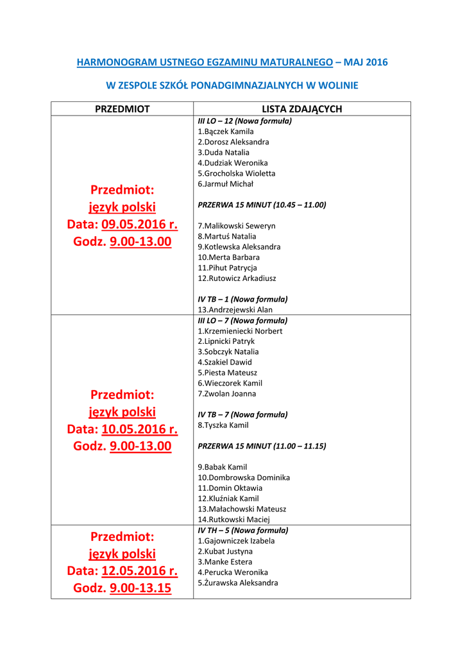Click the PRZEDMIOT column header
(122, 109)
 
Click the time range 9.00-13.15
(140, 588)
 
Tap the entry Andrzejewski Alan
(235, 310)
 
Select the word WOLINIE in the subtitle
(337, 85)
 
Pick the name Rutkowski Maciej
(234, 520)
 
